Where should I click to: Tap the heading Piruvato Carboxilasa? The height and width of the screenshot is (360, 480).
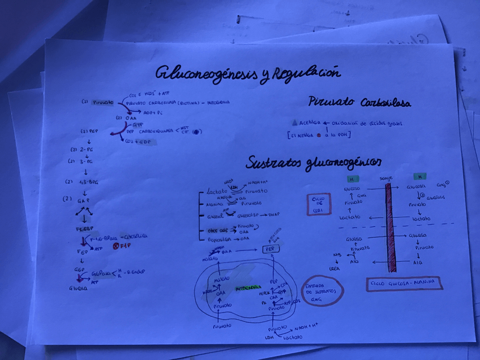[359, 102]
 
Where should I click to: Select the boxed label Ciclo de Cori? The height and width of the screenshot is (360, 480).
[319, 204]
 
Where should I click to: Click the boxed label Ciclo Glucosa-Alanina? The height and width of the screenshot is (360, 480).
[404, 282]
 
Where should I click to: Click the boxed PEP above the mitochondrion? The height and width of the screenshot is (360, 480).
[272, 249]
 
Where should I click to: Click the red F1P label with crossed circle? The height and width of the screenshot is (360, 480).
[122, 247]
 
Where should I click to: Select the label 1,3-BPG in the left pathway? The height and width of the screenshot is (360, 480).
[88, 182]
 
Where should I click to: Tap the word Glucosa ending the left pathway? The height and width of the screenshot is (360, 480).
[78, 288]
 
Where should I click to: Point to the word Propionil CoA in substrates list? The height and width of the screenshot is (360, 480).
[221, 239]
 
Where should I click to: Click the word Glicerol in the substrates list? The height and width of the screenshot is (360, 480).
[215, 216]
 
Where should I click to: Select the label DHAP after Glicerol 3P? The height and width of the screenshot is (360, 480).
[275, 215]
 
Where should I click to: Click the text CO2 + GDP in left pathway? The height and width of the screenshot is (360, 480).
[138, 141]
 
